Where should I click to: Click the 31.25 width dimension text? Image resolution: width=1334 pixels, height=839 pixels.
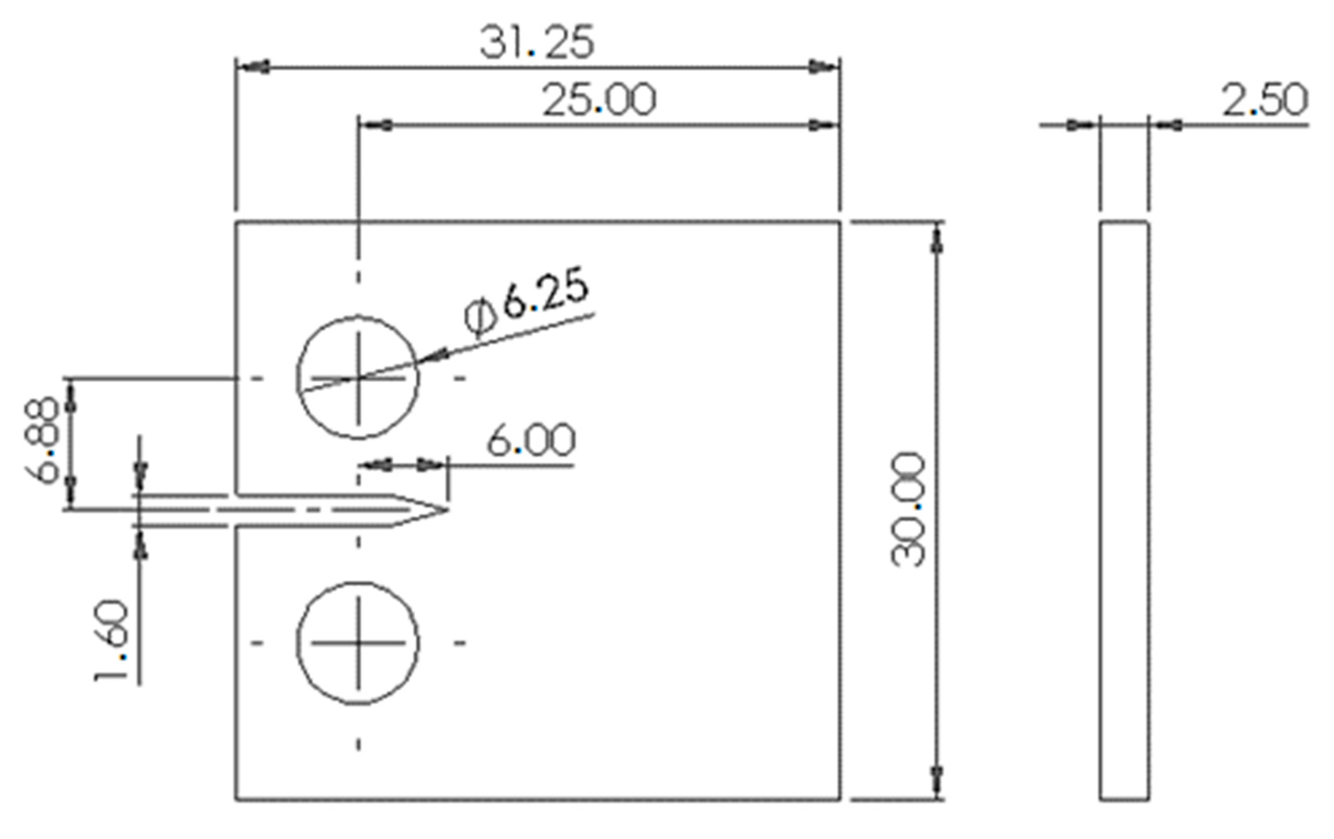536,43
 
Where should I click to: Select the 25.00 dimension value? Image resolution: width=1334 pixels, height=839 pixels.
599,101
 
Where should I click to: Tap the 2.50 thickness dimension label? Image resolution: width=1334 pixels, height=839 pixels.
1264,101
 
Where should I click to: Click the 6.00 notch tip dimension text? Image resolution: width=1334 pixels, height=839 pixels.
531,441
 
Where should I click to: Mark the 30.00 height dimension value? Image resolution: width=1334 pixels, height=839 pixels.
908,510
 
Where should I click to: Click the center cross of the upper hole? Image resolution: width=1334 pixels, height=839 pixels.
358,378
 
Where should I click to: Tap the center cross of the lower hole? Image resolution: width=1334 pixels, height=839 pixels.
358,643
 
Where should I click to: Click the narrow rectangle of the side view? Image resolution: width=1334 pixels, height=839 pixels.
1124,509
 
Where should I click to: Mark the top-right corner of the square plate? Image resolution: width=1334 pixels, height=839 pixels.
840,222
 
